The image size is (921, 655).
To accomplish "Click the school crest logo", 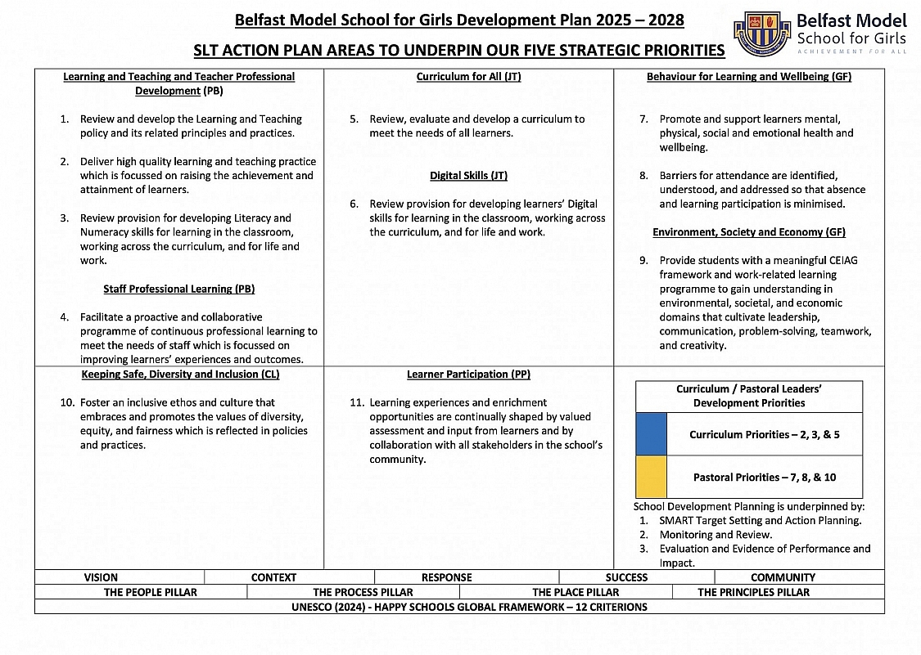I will (762, 34).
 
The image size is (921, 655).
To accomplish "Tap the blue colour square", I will (651, 434).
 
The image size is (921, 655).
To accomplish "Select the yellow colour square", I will (651, 477).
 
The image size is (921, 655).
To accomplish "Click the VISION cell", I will (101, 577).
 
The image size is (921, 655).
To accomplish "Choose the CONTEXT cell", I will (273, 577).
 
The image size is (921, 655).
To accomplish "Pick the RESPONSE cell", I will (446, 577).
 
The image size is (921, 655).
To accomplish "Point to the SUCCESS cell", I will (626, 577).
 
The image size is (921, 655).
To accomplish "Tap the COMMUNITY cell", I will (783, 577).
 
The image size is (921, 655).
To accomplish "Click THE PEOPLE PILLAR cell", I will (150, 592).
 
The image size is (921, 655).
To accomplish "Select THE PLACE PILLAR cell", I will (576, 592).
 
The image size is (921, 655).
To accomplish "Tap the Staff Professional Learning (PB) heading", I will (178, 289).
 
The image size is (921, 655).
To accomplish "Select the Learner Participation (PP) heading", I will (468, 375).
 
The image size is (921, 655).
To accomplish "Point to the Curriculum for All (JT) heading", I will (468, 77).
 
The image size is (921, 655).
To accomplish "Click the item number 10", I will (67, 402).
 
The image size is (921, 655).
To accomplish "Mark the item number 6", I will (354, 204).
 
